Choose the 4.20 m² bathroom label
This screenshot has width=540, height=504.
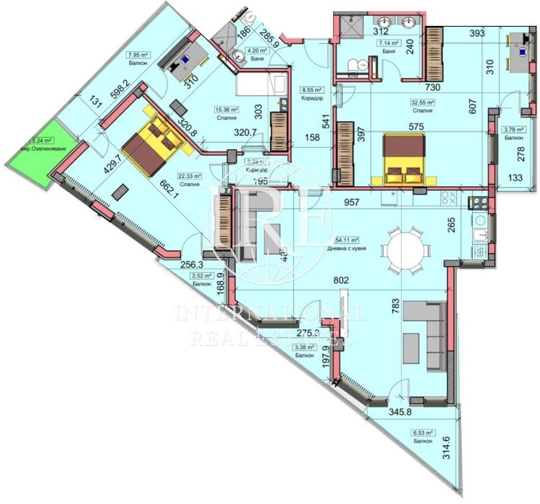(x=257, y=50)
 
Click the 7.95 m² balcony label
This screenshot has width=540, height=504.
(x=138, y=55)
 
